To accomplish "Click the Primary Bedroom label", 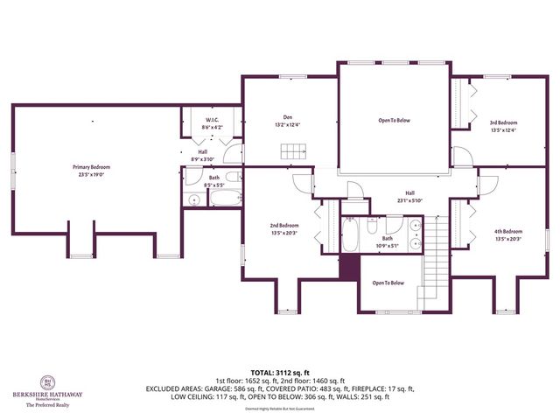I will click(92, 166).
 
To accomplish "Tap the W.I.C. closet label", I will click(213, 120).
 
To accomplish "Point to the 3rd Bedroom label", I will click(503, 122).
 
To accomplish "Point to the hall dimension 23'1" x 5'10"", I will click(409, 200).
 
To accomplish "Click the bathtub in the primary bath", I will click(224, 199).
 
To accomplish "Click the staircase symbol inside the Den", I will click(292, 153).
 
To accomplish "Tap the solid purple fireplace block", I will click(349, 267).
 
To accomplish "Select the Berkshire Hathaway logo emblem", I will click(48, 382).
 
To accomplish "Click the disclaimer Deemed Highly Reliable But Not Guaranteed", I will click(280, 408).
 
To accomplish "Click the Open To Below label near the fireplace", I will click(388, 283).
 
